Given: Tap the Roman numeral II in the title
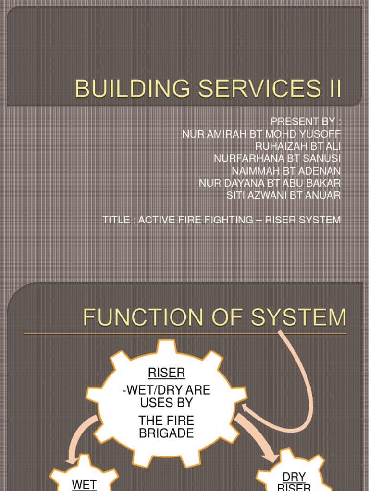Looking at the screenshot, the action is [x=332, y=90].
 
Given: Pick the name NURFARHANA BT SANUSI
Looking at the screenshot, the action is [x=277, y=158].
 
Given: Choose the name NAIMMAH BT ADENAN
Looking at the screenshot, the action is [x=286, y=170].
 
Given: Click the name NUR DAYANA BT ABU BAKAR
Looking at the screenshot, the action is [x=270, y=183].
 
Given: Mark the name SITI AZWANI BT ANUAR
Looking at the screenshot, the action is [x=283, y=195].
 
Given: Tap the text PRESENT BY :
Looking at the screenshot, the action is [x=306, y=121].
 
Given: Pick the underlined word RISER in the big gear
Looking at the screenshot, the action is [x=166, y=373].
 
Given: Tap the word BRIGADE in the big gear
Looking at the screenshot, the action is [x=166, y=433].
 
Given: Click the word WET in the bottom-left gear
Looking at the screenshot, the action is [x=84, y=484].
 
